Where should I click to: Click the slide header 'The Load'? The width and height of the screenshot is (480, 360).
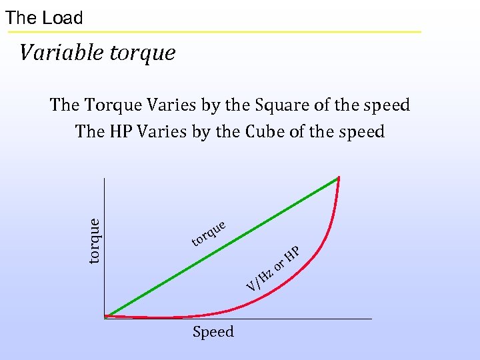click(x=44, y=18)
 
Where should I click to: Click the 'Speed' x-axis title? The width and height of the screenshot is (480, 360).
click(x=213, y=332)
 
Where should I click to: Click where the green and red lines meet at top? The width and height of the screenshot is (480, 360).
click(x=339, y=177)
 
